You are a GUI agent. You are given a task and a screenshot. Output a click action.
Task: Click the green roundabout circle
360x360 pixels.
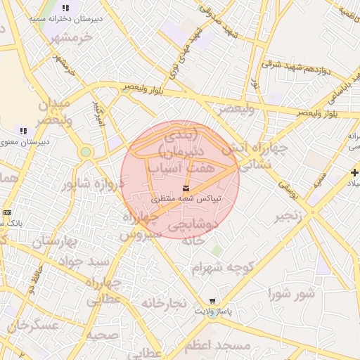click(x=86, y=152)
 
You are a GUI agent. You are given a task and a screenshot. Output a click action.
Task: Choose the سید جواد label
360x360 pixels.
click(x=89, y=260)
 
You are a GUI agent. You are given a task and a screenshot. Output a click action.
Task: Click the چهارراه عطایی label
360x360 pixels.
click(x=105, y=291)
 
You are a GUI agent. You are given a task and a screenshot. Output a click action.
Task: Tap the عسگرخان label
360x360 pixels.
click(x=32, y=326)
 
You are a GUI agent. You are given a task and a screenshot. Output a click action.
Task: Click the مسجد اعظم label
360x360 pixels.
click(x=217, y=347)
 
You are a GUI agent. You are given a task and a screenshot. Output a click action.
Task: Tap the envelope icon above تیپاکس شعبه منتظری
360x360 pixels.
click(x=186, y=188)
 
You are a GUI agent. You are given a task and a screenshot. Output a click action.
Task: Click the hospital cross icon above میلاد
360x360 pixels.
click(x=354, y=172)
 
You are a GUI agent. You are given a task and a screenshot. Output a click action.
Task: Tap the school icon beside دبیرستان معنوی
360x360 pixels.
click(x=23, y=131)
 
